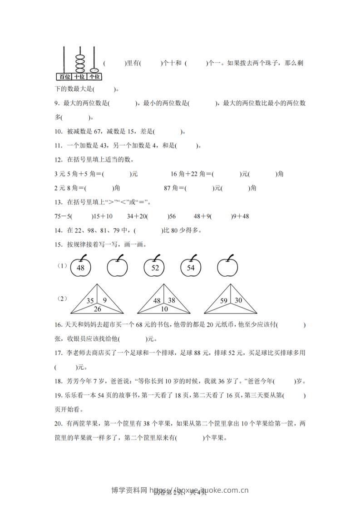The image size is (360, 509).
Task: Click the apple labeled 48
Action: (x=80, y=268)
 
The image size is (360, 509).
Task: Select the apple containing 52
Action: (x=155, y=268)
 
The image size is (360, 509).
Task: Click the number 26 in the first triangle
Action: (x=98, y=309)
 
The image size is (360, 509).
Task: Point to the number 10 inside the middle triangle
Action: (x=164, y=309)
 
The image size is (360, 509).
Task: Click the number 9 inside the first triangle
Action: (x=104, y=300)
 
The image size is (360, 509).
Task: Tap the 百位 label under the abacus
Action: (x=63, y=76)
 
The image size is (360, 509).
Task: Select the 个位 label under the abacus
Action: (x=95, y=76)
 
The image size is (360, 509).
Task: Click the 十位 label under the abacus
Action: (x=79, y=76)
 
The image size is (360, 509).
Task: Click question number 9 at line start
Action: (x=55, y=103)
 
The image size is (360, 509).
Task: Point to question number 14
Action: (x=57, y=230)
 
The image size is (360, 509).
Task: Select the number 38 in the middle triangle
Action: (x=171, y=300)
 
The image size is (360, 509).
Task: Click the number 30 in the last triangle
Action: (x=237, y=300)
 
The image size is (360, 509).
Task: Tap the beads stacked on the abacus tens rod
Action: (x=79, y=63)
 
